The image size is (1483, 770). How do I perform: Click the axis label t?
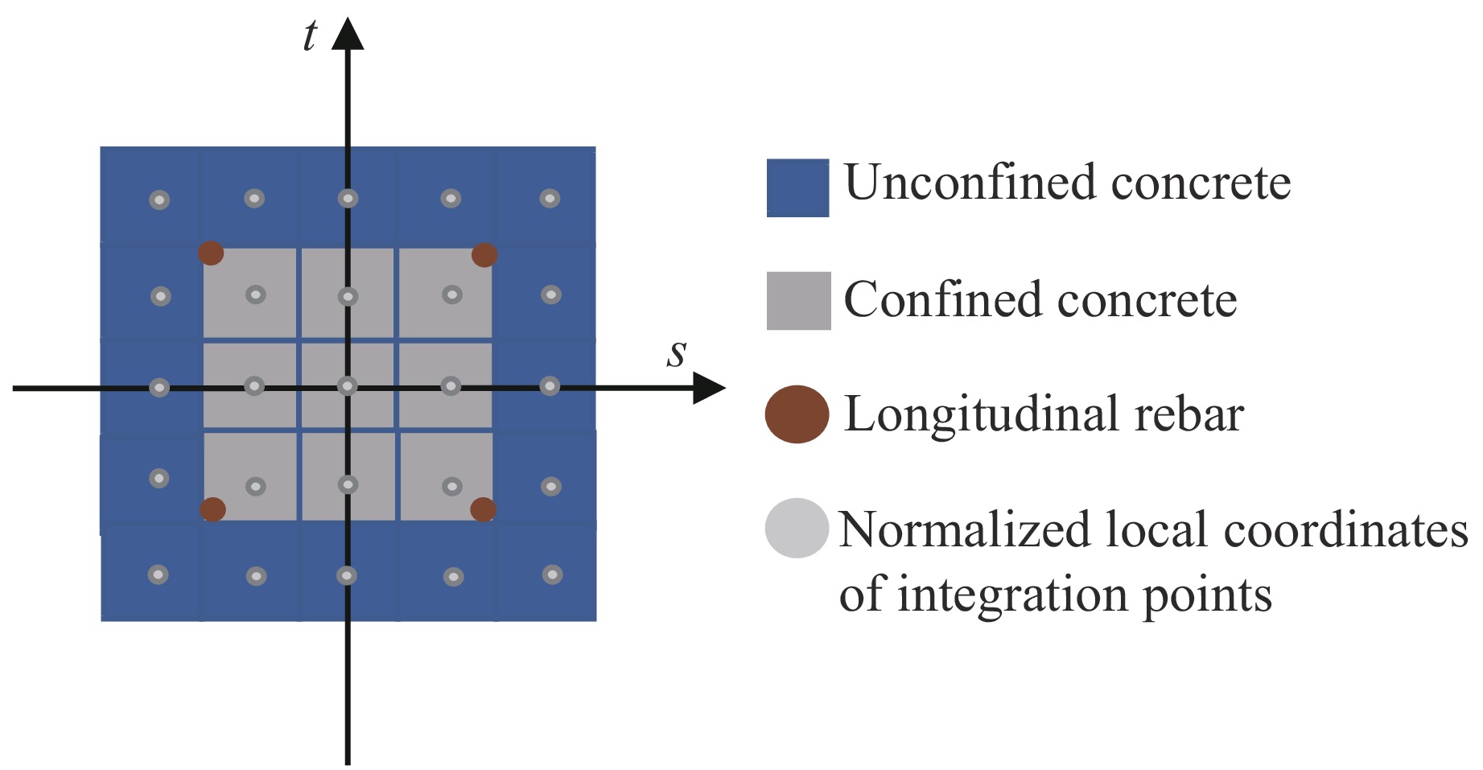tap(310, 37)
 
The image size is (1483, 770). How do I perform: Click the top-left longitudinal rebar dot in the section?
tap(211, 253)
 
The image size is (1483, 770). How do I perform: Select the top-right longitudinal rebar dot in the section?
tap(484, 255)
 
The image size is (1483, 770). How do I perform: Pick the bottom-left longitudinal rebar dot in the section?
tap(212, 509)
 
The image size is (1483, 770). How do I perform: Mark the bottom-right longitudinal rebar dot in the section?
tap(483, 509)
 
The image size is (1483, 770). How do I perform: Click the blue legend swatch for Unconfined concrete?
tap(797, 187)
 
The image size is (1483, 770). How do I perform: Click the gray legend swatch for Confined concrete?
tap(798, 301)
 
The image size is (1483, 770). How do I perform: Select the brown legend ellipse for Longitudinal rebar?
tap(797, 414)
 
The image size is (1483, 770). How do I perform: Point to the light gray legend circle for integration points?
tap(797, 529)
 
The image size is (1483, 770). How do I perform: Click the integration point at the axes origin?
tap(348, 386)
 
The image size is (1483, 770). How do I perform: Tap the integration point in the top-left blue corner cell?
tap(159, 200)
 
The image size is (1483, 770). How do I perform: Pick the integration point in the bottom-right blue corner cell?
tap(552, 574)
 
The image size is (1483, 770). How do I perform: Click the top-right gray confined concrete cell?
tap(445, 293)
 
